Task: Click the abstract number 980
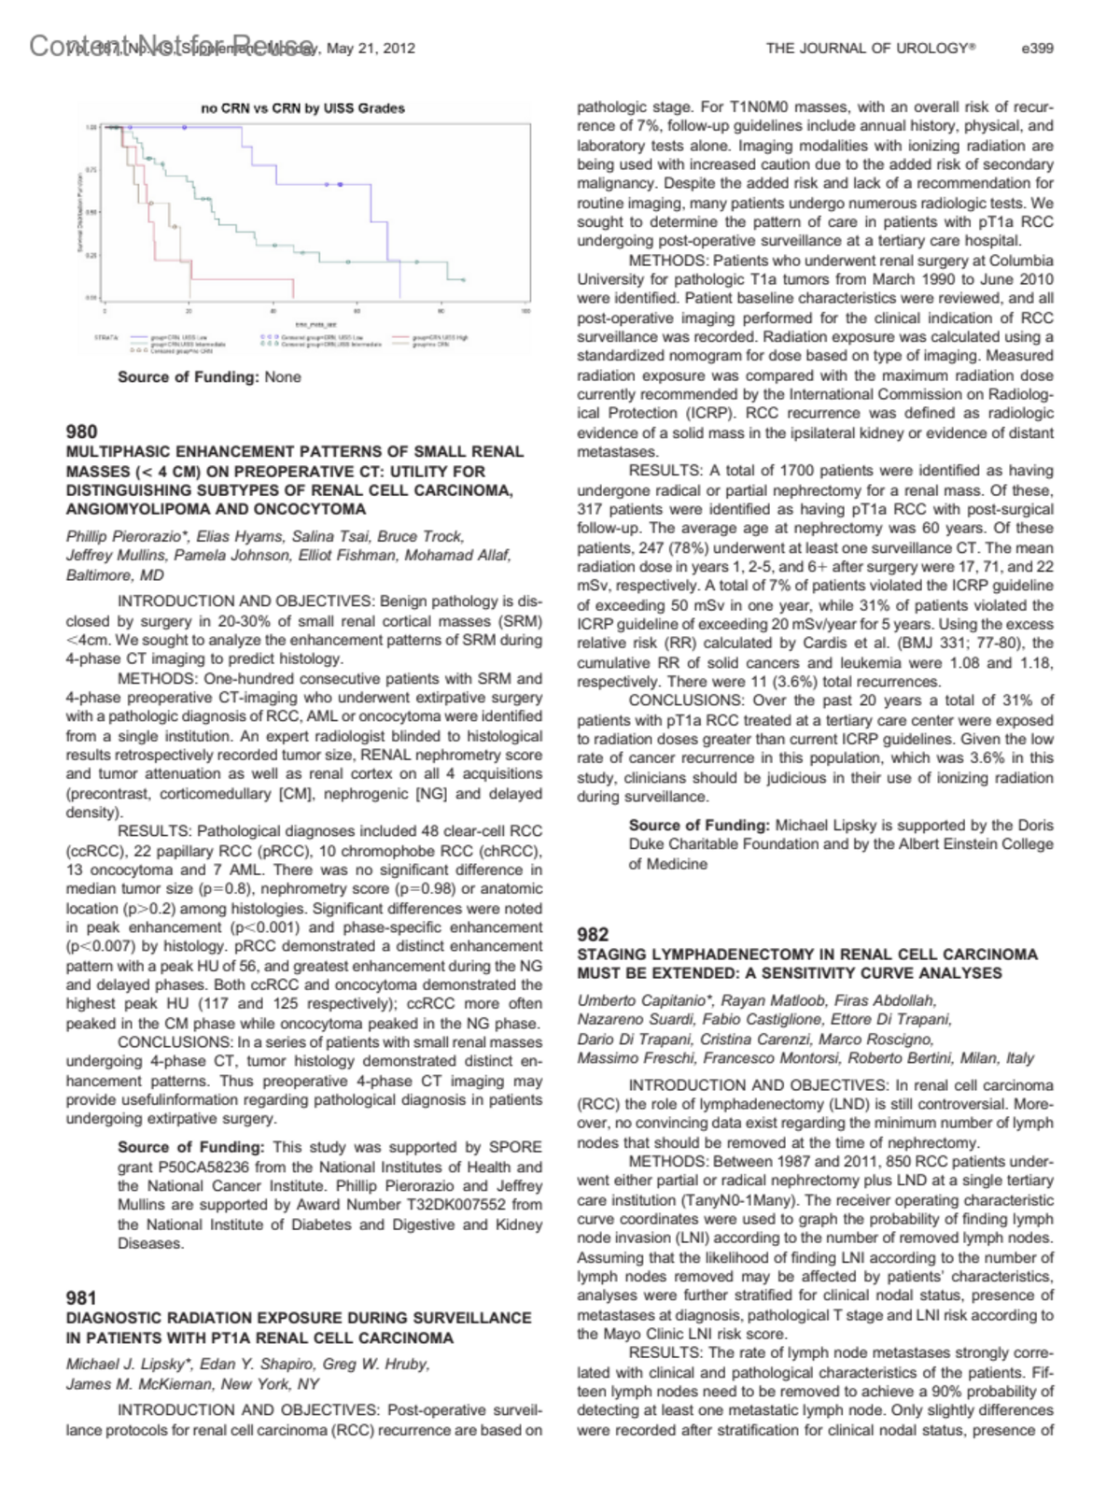[81, 432]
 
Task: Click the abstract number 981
[81, 1297]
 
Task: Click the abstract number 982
[593, 934]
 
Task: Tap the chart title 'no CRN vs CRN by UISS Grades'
[303, 108]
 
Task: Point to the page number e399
[1038, 48]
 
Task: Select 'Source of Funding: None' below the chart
[209, 377]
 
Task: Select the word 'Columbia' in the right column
[1021, 261]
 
